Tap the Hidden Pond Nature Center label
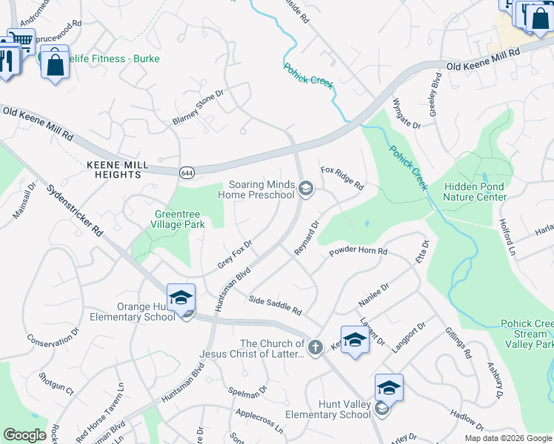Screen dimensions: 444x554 pyautogui.click(x=475, y=192)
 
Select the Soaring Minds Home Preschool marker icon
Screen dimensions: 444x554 pyautogui.click(x=305, y=189)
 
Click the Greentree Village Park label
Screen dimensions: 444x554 pyautogui.click(x=178, y=219)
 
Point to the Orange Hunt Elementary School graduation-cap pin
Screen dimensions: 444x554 pyautogui.click(x=181, y=297)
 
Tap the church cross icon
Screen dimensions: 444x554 pyautogui.click(x=315, y=347)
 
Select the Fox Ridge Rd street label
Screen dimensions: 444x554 pyautogui.click(x=342, y=177)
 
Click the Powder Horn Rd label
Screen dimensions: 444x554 pyautogui.click(x=358, y=252)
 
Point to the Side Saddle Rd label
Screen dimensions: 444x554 pyautogui.click(x=275, y=305)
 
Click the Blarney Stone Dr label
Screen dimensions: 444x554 pyautogui.click(x=198, y=107)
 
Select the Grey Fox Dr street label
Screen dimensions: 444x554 pyautogui.click(x=236, y=253)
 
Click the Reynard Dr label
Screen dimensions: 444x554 pyautogui.click(x=306, y=238)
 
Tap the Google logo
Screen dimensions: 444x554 pyautogui.click(x=24, y=434)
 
